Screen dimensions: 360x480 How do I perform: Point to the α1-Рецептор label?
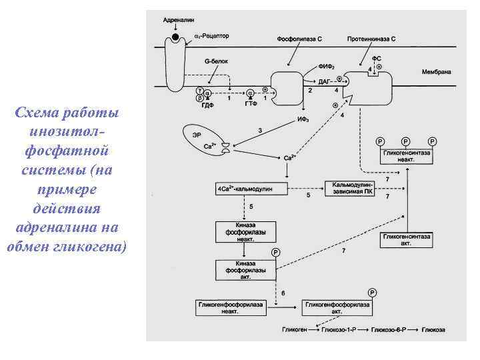tap(211, 35)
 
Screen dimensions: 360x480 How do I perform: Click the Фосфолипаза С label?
tap(299, 39)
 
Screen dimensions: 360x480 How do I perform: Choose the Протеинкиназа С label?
tap(371, 39)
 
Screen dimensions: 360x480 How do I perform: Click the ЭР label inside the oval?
tap(197, 135)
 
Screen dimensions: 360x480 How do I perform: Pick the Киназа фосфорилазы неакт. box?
tap(245, 231)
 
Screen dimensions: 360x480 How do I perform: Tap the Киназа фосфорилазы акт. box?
tap(245, 269)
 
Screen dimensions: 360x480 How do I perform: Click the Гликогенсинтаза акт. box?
tap(406, 239)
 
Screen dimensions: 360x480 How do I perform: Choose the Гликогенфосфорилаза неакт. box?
tap(230, 307)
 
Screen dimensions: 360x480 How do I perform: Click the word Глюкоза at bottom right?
tap(433, 330)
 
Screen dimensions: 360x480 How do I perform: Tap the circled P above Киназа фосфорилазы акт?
tap(276, 252)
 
